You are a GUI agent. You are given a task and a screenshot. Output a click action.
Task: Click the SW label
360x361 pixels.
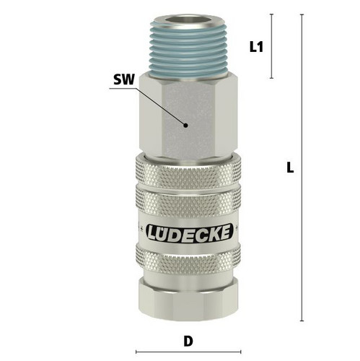(124, 79)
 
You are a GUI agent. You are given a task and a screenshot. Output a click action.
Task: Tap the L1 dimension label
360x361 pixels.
(256, 47)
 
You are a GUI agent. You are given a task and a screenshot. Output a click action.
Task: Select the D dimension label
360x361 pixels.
(188, 342)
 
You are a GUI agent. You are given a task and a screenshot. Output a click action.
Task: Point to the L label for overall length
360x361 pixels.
(290, 168)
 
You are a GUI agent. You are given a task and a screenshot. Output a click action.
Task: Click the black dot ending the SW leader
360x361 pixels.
(185, 125)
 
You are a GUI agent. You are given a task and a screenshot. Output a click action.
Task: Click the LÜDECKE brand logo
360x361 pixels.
(190, 232)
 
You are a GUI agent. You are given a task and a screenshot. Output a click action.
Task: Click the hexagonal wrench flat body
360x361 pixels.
(188, 117)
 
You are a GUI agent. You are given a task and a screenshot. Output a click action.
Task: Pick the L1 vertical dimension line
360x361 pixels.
(272, 46)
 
